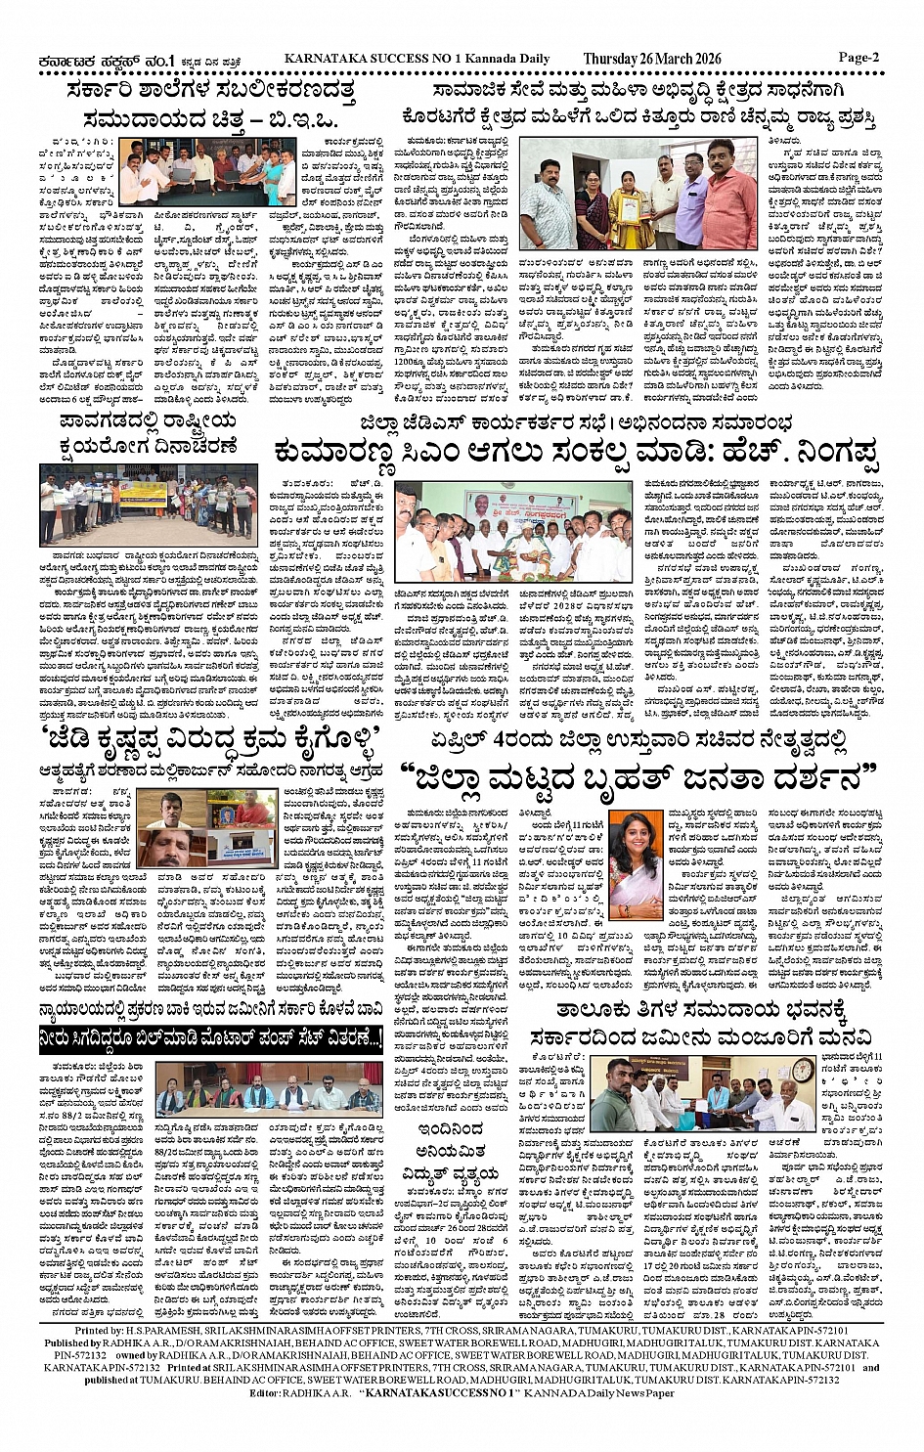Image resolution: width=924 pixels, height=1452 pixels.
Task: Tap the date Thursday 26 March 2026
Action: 651,59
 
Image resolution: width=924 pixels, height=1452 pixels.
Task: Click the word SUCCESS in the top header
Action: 404,59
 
